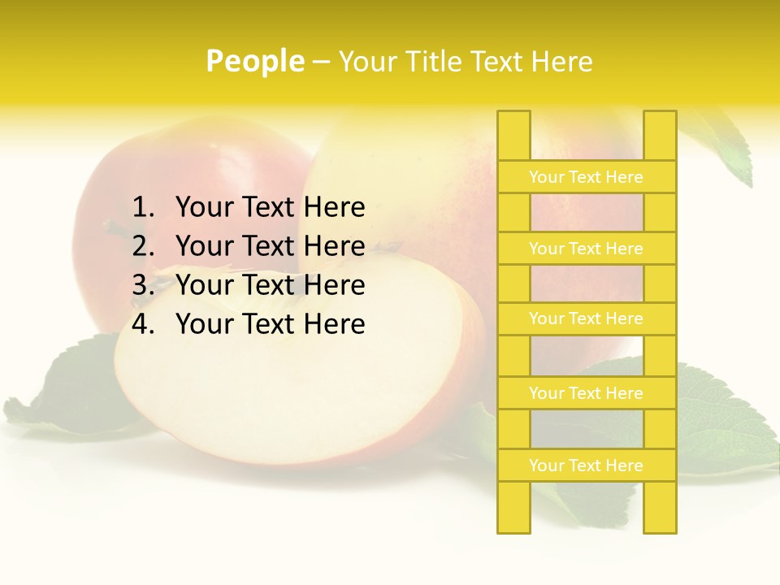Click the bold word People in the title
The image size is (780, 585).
click(254, 61)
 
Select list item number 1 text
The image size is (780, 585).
click(270, 208)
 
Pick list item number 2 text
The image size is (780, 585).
click(270, 246)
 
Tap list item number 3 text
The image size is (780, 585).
click(270, 285)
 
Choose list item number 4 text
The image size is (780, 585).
click(270, 324)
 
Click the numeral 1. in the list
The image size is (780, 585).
click(143, 208)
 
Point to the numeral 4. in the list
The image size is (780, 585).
click(143, 324)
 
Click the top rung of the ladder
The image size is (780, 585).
click(586, 177)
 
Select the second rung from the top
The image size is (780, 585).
click(586, 249)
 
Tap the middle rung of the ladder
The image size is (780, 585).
click(586, 319)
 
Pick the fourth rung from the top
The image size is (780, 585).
click(586, 393)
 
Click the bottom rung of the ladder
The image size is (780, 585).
click(586, 466)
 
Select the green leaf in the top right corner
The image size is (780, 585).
click(723, 146)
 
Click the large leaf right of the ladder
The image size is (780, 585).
click(723, 422)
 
